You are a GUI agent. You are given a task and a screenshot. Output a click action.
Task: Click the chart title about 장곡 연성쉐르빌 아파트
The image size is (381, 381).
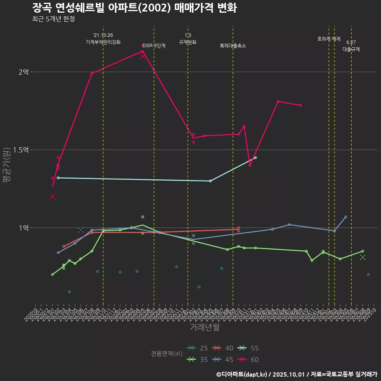click(x=135, y=8)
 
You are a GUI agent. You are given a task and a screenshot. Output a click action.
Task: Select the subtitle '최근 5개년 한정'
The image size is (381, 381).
click(x=54, y=19)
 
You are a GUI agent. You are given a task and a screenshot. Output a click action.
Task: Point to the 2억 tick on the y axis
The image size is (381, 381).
click(x=23, y=72)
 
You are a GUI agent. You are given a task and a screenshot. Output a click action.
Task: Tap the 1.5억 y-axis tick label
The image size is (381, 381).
click(x=21, y=150)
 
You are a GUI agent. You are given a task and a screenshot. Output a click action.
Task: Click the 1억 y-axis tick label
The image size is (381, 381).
click(x=23, y=228)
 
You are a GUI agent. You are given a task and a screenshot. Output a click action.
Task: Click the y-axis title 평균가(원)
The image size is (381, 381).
click(x=7, y=165)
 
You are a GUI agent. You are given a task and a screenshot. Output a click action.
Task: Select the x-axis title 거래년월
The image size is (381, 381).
click(x=204, y=327)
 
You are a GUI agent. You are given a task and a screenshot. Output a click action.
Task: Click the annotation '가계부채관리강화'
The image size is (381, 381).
click(x=103, y=42)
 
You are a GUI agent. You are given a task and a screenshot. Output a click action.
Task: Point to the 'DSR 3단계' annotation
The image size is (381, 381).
click(x=154, y=46)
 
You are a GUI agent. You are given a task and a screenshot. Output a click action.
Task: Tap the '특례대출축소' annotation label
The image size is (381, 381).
click(x=233, y=46)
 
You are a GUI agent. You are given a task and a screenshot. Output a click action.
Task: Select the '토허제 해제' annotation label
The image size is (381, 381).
click(x=329, y=39)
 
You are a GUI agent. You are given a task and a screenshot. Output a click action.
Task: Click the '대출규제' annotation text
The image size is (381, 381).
click(x=351, y=49)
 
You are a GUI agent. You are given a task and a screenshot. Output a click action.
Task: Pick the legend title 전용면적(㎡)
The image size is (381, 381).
click(x=167, y=354)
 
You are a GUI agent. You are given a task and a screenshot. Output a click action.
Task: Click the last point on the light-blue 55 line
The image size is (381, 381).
click(x=256, y=158)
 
